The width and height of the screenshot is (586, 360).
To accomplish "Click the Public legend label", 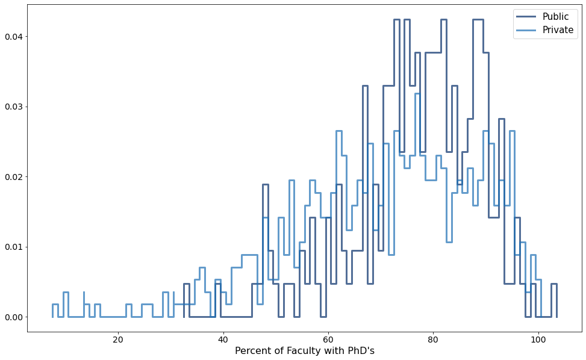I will click(x=555, y=17).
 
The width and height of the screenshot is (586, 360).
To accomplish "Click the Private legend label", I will click(x=558, y=30).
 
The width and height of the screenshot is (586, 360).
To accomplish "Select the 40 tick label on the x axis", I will click(x=223, y=339).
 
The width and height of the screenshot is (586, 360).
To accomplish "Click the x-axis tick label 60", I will click(x=328, y=339).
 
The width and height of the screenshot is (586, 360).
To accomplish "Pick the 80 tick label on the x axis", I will click(x=433, y=339).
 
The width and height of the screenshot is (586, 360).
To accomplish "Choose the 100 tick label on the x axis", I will click(x=538, y=339).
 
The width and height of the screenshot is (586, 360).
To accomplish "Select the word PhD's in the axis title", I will click(x=360, y=351).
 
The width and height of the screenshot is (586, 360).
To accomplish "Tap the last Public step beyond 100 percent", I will click(x=554, y=284).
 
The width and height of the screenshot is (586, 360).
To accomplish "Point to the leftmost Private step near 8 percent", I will click(x=55, y=305).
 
